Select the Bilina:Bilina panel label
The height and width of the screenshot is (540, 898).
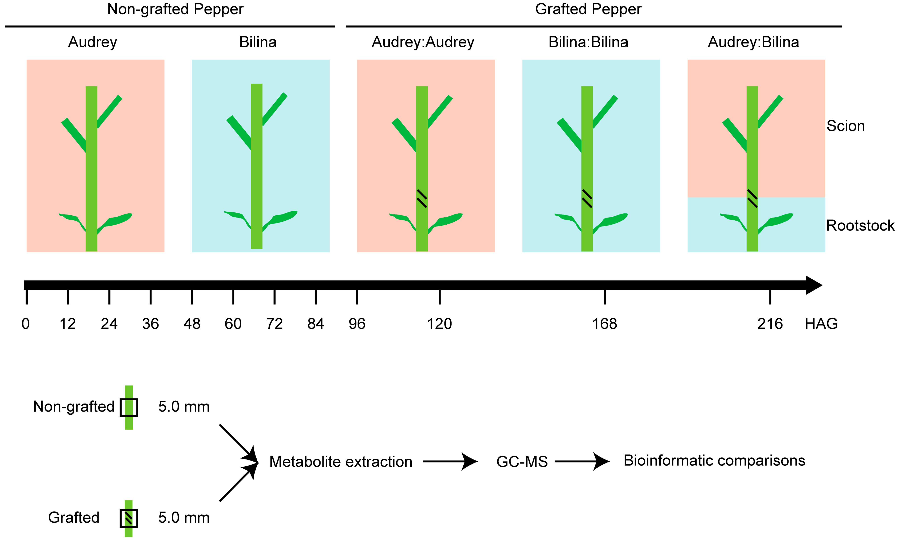[588, 42]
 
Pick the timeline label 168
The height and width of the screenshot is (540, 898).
[604, 324]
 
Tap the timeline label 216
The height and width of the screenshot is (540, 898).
[770, 324]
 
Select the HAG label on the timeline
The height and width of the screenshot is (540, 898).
[821, 324]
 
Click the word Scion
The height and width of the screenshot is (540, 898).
[845, 126]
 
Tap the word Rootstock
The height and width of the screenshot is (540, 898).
[860, 226]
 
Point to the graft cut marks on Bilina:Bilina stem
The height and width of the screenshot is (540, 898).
[587, 199]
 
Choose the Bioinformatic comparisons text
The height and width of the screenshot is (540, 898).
[714, 461]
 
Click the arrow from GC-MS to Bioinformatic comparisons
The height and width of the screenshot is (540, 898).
[581, 461]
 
